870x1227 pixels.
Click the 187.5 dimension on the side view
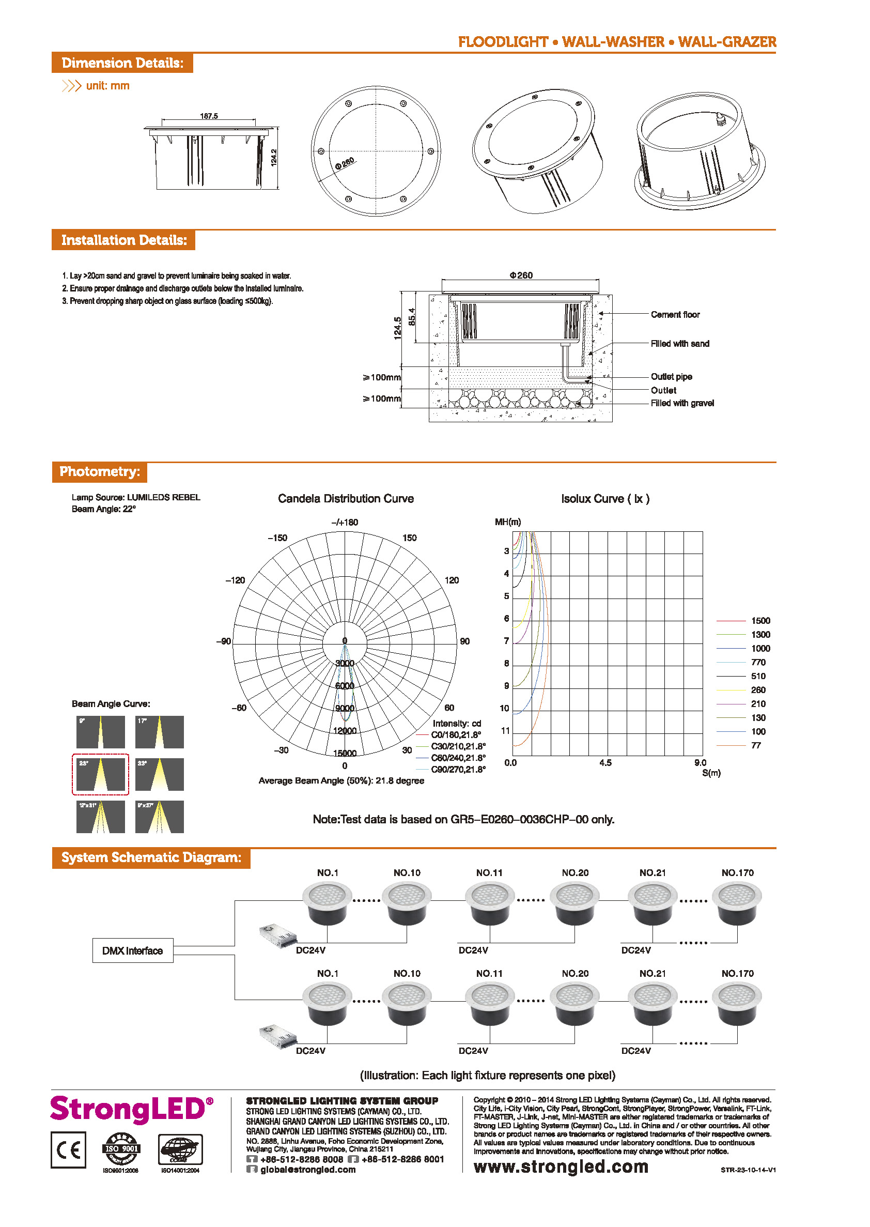209,116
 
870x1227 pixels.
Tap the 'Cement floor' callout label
675,315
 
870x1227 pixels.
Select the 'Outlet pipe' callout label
671,377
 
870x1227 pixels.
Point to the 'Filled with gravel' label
682,403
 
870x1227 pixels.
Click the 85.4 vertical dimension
411,317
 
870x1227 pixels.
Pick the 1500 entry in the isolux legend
760,620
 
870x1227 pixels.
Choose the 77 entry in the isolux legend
756,745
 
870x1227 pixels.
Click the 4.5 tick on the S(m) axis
605,762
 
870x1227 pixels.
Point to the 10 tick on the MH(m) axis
504,708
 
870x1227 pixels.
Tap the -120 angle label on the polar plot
235,580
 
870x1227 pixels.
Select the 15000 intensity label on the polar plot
345,753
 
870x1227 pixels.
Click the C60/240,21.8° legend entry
458,758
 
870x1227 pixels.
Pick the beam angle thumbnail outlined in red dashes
100,774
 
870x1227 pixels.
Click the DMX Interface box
132,950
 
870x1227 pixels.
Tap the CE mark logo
69,1150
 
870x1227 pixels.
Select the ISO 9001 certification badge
121,1149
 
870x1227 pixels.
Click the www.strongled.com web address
561,1167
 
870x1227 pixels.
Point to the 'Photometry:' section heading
100,471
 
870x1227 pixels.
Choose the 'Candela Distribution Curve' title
346,498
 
